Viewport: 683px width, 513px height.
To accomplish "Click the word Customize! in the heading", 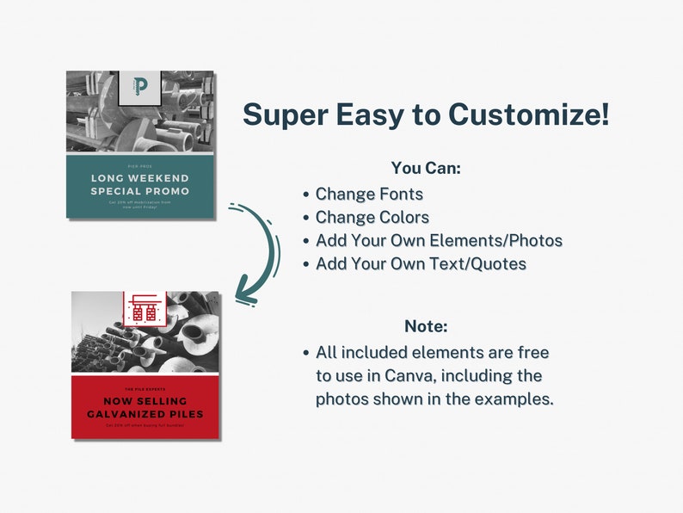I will pyautogui.click(x=531, y=114).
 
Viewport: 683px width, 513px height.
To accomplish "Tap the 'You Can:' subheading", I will pyautogui.click(x=426, y=169).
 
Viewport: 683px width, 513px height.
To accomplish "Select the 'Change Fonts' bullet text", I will pyautogui.click(x=369, y=195).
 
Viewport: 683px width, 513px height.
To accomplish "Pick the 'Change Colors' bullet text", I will pyautogui.click(x=372, y=218).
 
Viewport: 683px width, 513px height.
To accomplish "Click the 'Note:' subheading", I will pyautogui.click(x=426, y=326).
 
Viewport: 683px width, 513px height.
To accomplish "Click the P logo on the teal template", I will pyautogui.click(x=140, y=85).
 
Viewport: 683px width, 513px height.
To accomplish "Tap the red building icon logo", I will pyautogui.click(x=144, y=308).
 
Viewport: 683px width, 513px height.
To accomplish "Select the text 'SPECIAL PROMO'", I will pyautogui.click(x=140, y=191).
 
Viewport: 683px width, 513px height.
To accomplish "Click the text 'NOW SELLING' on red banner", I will pyautogui.click(x=145, y=401).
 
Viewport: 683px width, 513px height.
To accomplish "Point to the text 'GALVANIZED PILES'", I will pyautogui.click(x=145, y=414).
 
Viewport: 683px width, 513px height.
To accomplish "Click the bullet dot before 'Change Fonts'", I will pyautogui.click(x=306, y=195).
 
